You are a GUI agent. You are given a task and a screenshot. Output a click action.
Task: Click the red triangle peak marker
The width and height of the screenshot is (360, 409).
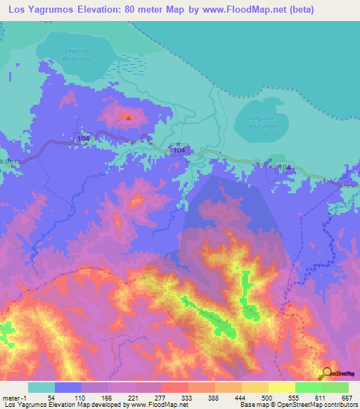pyautogui.click(x=129, y=117)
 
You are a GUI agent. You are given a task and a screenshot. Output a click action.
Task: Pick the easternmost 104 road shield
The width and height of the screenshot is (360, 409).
pyautogui.click(x=284, y=167)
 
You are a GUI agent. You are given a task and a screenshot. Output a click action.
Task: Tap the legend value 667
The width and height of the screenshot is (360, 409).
pyautogui.click(x=347, y=397)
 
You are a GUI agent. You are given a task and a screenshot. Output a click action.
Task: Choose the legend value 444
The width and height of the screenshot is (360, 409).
pyautogui.click(x=241, y=397)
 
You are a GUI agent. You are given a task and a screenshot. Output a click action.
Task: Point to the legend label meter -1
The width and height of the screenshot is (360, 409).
pyautogui.click(x=15, y=397)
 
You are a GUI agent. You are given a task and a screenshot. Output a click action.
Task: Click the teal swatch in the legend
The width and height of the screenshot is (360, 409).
pyautogui.click(x=41, y=387)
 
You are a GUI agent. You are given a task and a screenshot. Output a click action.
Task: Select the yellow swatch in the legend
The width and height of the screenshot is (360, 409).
pyautogui.click(x=281, y=387)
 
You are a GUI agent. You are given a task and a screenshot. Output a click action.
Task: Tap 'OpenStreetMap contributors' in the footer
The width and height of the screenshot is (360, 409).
pyautogui.click(x=324, y=405)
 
